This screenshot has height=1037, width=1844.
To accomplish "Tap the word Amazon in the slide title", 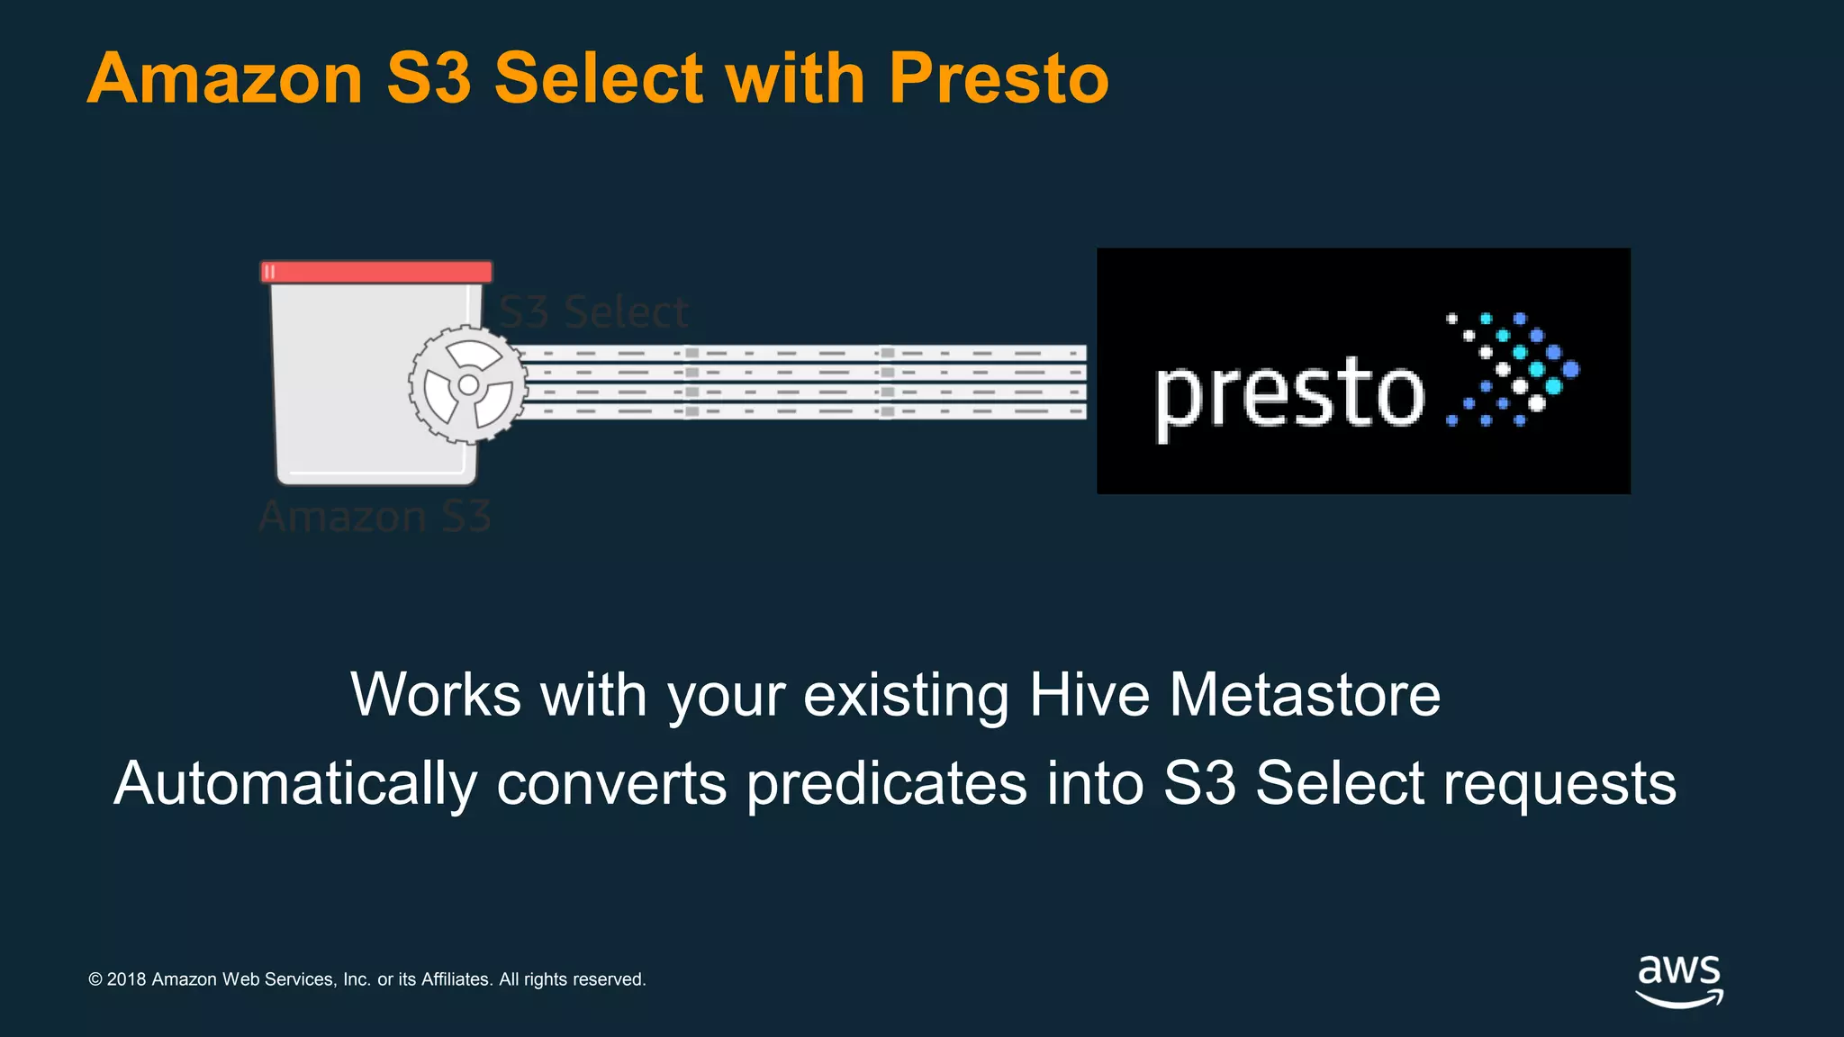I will pyautogui.click(x=225, y=79).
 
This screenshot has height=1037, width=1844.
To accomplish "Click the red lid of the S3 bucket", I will pyautogui.click(x=376, y=272).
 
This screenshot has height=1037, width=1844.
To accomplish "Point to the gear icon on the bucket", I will pyautogui.click(x=468, y=385).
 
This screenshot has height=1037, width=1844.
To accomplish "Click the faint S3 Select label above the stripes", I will pyautogui.click(x=593, y=312).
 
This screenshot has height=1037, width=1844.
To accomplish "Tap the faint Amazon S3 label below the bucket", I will pyautogui.click(x=375, y=517).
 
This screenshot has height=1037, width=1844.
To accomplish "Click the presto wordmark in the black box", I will pyautogui.click(x=1289, y=393).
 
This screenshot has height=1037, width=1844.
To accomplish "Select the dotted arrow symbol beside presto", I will pyautogui.click(x=1513, y=369).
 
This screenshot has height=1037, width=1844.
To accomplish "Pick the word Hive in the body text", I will pyautogui.click(x=1089, y=695).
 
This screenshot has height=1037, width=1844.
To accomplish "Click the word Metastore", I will pyautogui.click(x=1305, y=695).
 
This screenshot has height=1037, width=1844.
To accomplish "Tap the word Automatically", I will pyautogui.click(x=295, y=783).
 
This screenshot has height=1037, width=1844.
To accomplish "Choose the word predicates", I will pyautogui.click(x=886, y=783).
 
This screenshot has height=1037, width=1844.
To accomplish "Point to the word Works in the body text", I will pyautogui.click(x=436, y=695).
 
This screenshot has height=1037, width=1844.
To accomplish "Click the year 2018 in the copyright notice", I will pyautogui.click(x=126, y=979).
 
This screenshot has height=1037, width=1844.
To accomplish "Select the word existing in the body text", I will pyautogui.click(x=906, y=695).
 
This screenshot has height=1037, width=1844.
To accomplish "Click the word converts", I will pyautogui.click(x=611, y=783).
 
